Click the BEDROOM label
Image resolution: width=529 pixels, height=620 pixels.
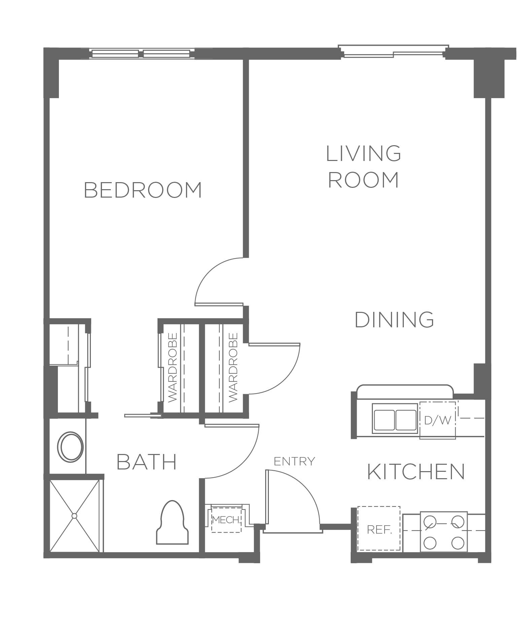pos(143,190)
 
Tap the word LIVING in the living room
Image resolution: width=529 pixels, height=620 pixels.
pos(363,153)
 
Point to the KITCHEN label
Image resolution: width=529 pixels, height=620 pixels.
pos(416,471)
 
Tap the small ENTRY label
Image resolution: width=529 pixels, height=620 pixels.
pos(294,461)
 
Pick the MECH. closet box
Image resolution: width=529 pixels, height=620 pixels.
pos(226,520)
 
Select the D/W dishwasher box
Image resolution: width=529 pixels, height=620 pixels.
pos(437,420)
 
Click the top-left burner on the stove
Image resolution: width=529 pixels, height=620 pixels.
pos(430,522)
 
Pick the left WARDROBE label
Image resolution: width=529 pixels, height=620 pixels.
pos(172,367)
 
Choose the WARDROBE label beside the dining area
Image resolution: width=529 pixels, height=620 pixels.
pos(233,367)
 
